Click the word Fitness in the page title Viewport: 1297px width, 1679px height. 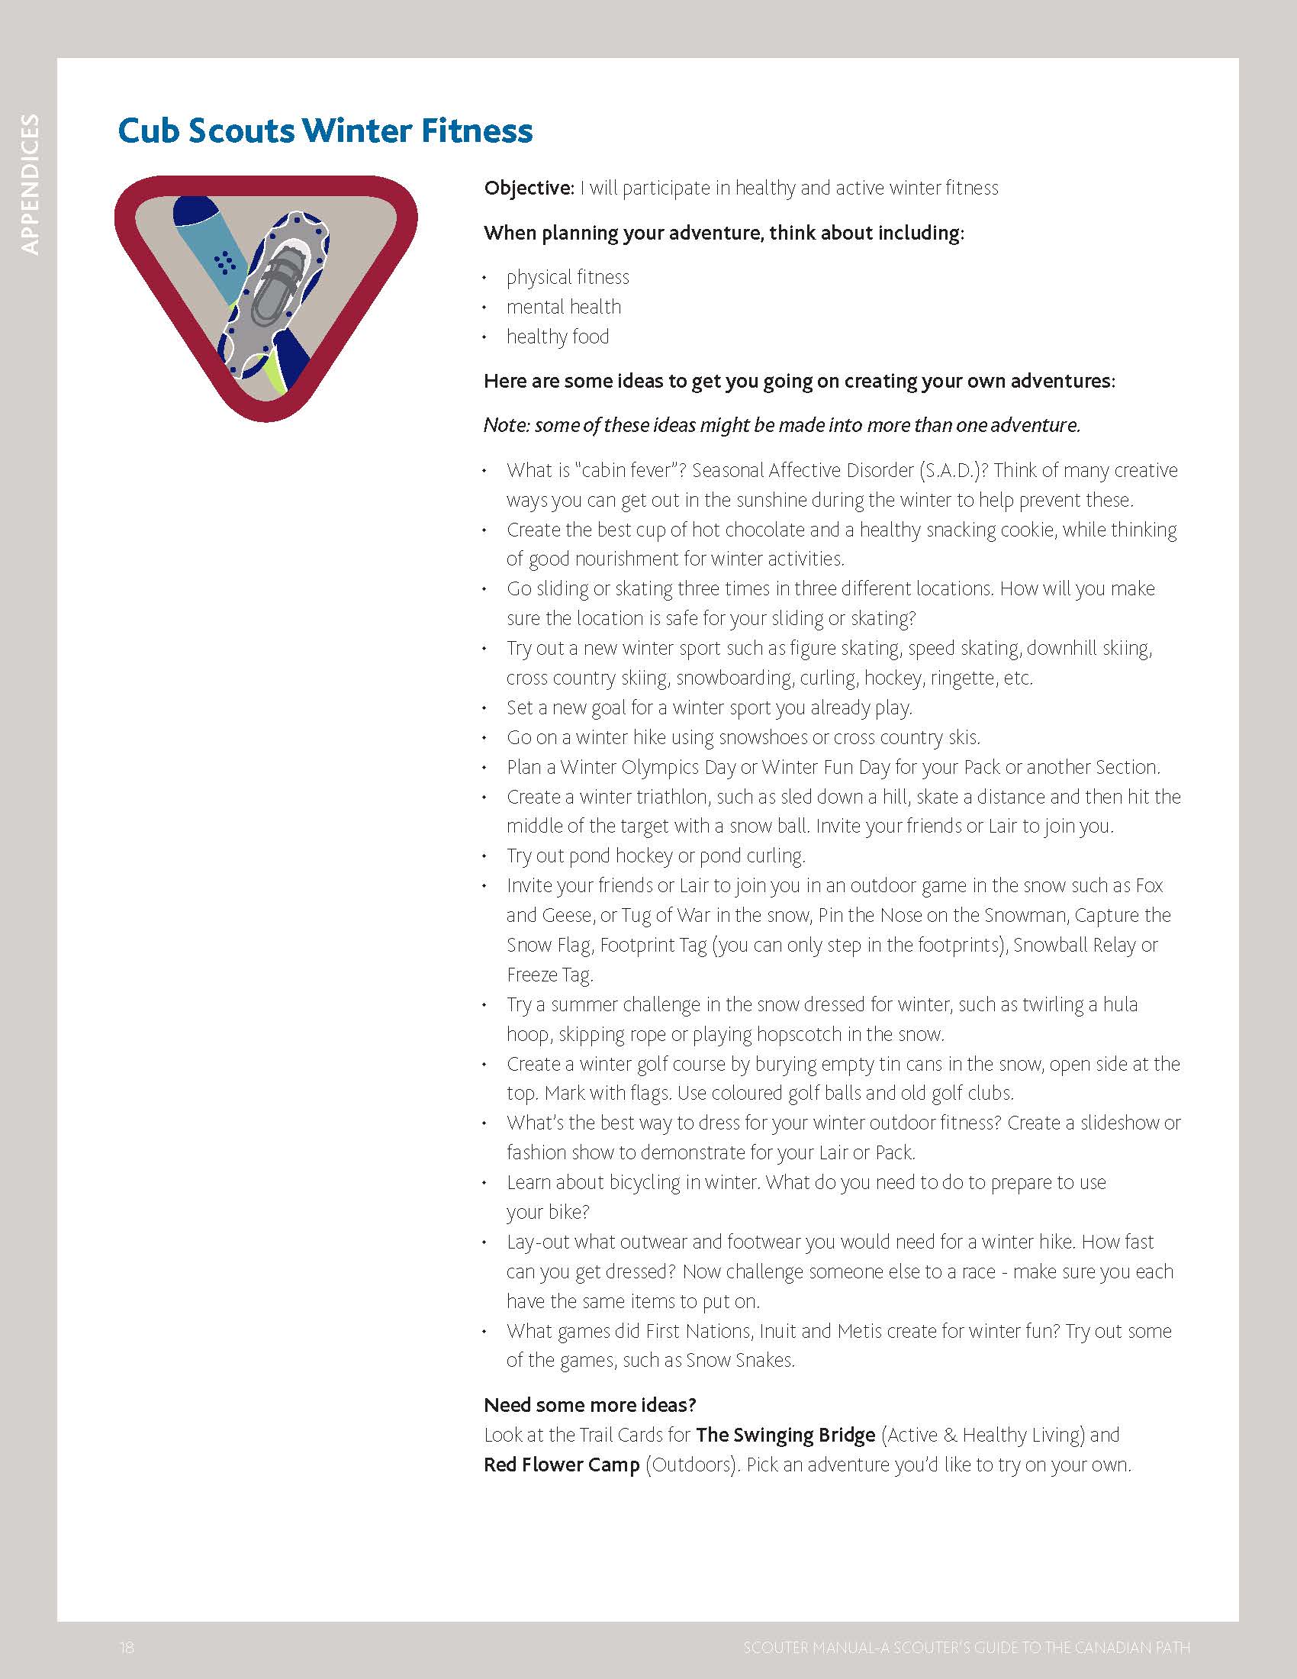click(476, 131)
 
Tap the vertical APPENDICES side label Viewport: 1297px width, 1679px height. click(30, 184)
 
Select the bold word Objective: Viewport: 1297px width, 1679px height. click(529, 189)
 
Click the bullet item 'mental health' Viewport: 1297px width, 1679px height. click(563, 307)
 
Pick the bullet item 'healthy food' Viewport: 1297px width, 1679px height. click(557, 337)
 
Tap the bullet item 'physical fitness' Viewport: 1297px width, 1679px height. click(567, 277)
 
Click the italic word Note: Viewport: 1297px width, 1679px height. click(507, 425)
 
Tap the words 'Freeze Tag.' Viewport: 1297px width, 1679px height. click(549, 975)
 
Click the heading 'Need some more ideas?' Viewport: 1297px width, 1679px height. click(589, 1405)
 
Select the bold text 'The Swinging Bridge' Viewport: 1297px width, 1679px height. click(785, 1436)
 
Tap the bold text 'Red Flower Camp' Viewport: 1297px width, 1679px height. click(561, 1465)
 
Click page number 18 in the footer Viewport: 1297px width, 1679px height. click(127, 1648)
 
